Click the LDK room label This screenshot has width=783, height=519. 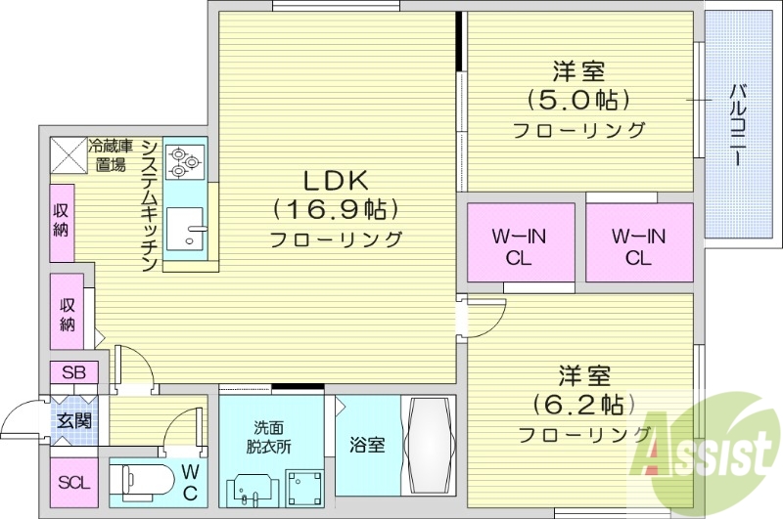334,181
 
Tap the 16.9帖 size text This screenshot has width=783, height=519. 334,208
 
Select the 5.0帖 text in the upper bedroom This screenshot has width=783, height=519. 577,100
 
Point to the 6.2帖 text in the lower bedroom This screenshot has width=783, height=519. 583,404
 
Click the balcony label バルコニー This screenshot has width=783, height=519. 738,126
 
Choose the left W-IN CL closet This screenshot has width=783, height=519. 519,245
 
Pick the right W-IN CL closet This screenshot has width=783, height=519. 638,245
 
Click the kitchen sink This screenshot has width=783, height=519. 187,232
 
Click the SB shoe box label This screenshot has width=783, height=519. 73,372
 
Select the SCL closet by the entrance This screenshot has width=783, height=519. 72,482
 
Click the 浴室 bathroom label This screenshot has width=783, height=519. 367,445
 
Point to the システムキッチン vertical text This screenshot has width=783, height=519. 149,205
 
